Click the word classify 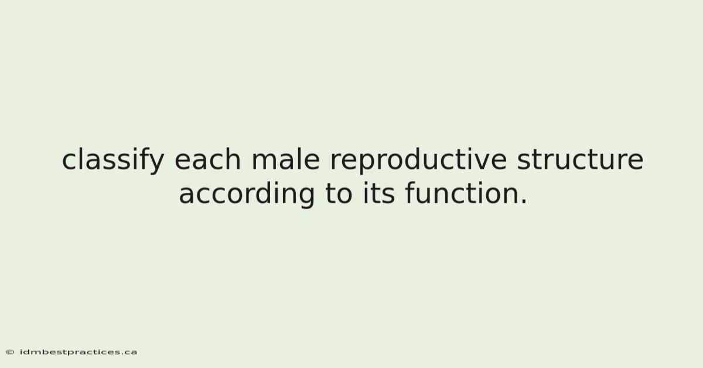pyautogui.click(x=113, y=160)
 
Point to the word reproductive pyautogui.click(x=418, y=160)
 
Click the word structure pyautogui.click(x=580, y=159)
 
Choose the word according pyautogui.click(x=247, y=194)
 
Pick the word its pyautogui.click(x=379, y=193)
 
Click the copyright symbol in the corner pyautogui.click(x=10, y=352)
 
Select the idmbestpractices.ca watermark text pyautogui.click(x=78, y=352)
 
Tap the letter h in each pyautogui.click(x=233, y=159)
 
